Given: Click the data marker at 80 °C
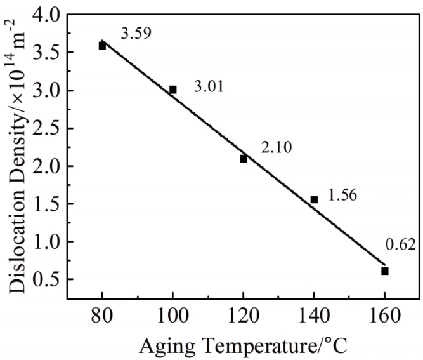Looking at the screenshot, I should [x=102, y=46].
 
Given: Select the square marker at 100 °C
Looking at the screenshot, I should [x=172, y=90].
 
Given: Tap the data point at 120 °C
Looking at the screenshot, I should [x=244, y=159].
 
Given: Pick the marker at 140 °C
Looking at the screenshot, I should [x=314, y=199].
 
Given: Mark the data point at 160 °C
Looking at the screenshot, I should [x=385, y=271].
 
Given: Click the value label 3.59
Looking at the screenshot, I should [x=136, y=34].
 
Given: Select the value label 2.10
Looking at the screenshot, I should [x=276, y=147].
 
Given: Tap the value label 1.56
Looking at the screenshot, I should [x=343, y=196].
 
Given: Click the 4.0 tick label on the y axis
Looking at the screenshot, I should [x=46, y=15].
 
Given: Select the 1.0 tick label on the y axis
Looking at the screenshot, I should [x=46, y=242].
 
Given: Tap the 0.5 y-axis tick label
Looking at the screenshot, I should [x=46, y=280].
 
